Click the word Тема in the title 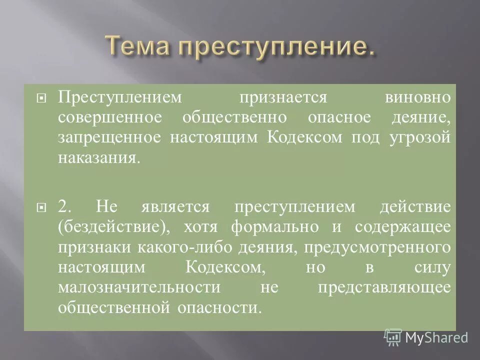[137, 48]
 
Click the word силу [433, 267]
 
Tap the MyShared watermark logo [425, 337]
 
